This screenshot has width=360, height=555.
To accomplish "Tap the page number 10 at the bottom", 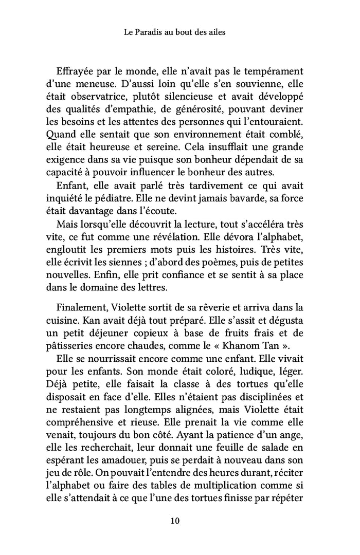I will coord(175,521).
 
